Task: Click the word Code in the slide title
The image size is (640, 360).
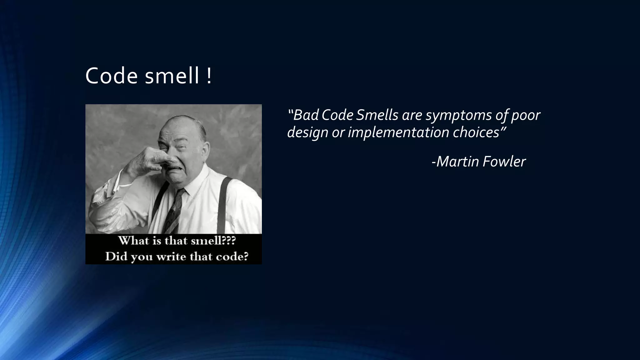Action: [x=111, y=76]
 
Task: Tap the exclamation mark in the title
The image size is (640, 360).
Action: [x=209, y=76]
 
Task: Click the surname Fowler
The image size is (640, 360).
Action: [x=504, y=162]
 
